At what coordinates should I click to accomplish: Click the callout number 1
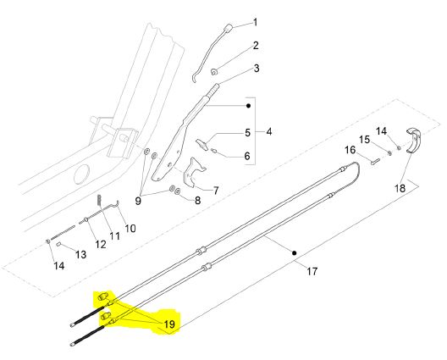(255, 22)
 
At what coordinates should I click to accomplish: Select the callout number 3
(257, 69)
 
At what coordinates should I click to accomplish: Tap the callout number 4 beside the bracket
(269, 132)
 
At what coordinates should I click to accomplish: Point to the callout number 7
(216, 191)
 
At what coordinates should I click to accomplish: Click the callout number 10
(130, 228)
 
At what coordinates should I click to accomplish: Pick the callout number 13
(80, 254)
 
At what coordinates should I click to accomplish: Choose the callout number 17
(312, 271)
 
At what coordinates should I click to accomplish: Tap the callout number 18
(400, 188)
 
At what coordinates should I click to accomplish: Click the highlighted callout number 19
(169, 324)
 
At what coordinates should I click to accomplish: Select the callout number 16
(350, 150)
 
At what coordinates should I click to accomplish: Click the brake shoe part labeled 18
(413, 141)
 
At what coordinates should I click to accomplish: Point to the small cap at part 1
(228, 29)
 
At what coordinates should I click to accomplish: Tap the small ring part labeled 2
(213, 72)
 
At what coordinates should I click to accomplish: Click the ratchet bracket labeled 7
(194, 173)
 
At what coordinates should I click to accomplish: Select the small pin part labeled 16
(375, 162)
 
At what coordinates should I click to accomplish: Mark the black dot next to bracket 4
(248, 106)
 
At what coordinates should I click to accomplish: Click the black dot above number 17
(295, 252)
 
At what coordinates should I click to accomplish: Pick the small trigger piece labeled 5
(201, 144)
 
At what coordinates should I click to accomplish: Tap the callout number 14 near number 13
(59, 266)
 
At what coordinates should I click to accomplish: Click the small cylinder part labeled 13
(58, 244)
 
